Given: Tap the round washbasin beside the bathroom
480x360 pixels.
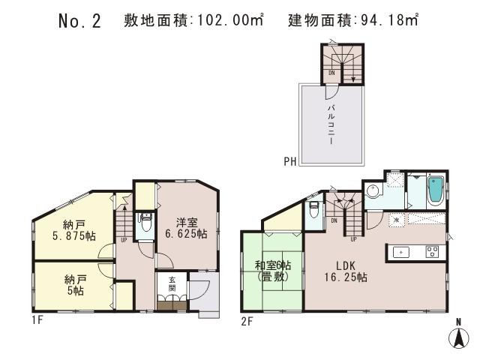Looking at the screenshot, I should point(373,190).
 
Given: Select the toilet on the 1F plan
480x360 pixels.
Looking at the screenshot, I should point(146,223).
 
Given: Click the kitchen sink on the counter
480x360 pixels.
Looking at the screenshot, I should point(402,252).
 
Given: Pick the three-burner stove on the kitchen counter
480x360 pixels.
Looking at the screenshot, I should point(432,252).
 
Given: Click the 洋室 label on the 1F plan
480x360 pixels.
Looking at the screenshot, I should point(187,222).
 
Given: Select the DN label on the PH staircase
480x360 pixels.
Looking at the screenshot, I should point(331,73).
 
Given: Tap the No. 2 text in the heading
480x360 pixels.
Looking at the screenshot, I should point(79,21).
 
